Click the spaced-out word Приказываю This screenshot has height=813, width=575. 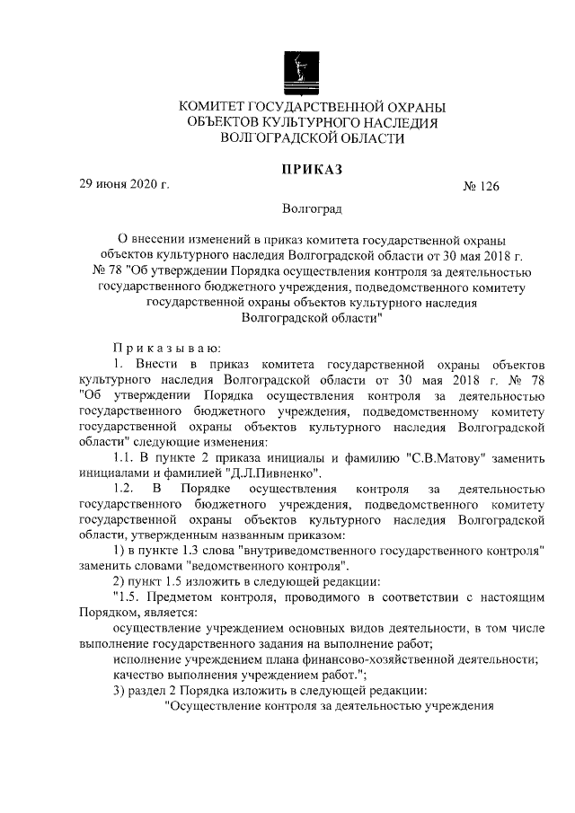159,347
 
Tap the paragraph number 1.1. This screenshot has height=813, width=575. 126,457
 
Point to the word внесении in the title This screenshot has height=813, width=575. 157,240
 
